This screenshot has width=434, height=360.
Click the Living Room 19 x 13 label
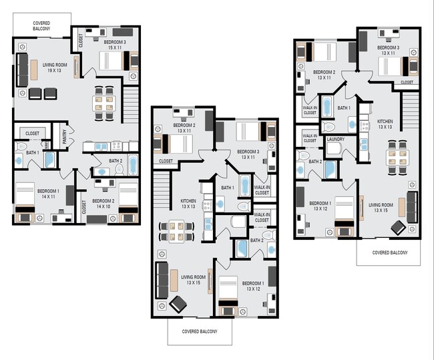pyautogui.click(x=56, y=67)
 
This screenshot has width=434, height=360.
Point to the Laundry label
pyautogui.click(x=336, y=140)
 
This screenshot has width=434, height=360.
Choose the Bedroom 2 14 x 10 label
pyautogui.click(x=103, y=204)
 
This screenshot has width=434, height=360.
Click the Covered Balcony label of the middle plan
pyautogui.click(x=200, y=331)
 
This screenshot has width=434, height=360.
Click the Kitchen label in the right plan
pyautogui.click(x=385, y=124)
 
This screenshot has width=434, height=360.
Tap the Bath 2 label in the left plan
pyautogui.click(x=116, y=161)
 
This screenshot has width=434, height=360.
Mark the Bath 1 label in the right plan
pyautogui.click(x=344, y=108)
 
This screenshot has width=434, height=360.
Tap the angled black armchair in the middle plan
pyautogui.click(x=178, y=303)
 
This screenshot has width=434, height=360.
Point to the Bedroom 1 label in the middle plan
pyautogui.click(x=252, y=285)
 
